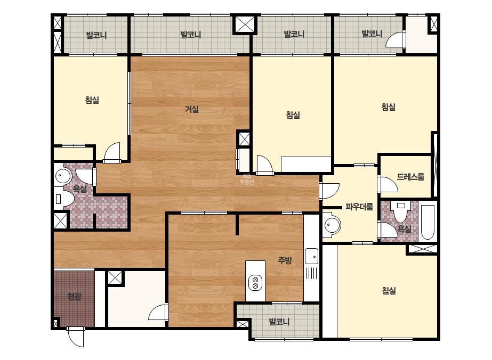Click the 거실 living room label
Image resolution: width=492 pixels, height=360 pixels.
(191, 110)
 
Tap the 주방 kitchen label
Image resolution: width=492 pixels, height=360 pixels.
(285, 260)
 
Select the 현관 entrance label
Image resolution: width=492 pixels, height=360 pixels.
(75, 296)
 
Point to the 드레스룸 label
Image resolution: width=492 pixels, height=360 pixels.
(410, 177)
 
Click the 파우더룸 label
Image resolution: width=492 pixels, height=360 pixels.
(359, 207)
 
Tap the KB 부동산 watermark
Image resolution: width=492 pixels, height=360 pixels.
(247, 179)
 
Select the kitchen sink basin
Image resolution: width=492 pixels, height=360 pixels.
(311, 256)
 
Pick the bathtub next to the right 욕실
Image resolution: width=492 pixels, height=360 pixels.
(428, 222)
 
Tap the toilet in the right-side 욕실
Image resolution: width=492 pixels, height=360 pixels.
(401, 212)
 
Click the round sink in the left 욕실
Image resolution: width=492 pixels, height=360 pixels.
(63, 176)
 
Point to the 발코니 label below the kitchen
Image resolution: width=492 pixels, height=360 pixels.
(279, 322)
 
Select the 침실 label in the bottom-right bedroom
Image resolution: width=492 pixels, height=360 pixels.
(389, 291)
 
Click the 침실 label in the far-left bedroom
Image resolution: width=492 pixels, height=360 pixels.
(92, 100)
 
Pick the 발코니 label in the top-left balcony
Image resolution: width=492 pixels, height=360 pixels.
(96, 35)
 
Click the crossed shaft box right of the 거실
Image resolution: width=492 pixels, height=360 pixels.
(244, 139)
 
